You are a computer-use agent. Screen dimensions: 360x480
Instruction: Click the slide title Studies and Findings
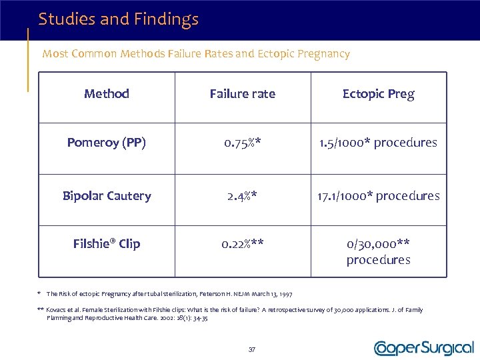[118, 19]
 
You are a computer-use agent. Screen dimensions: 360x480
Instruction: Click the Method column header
[107, 94]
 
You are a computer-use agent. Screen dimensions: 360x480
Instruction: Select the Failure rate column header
[242, 94]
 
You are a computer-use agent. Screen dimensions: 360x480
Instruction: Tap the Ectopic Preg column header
[378, 94]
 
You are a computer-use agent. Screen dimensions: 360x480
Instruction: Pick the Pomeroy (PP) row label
[107, 143]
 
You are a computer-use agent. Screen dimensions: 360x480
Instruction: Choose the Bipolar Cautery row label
[107, 196]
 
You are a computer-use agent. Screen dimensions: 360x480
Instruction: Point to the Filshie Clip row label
[107, 244]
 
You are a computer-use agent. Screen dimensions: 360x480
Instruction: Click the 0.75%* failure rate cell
[242, 143]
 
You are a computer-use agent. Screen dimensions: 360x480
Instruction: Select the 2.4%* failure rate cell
[242, 196]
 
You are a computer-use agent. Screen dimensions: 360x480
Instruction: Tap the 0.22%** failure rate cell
[242, 244]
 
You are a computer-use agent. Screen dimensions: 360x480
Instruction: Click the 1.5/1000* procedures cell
[378, 143]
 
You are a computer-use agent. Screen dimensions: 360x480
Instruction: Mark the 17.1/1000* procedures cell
[378, 196]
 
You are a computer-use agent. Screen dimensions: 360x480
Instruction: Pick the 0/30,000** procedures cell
[378, 251]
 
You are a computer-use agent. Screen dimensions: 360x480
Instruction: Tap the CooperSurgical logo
[424, 348]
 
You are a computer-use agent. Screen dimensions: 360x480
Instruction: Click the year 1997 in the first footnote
[285, 293]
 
